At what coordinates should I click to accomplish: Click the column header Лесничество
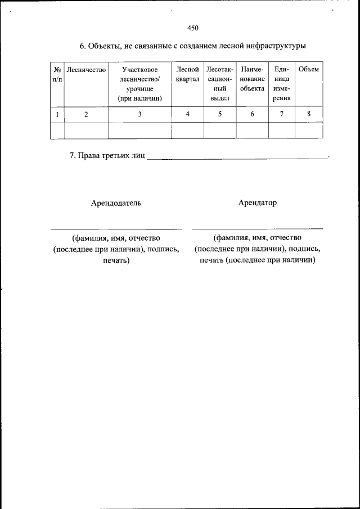(x=86, y=70)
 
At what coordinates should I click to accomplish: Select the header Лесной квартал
(x=187, y=74)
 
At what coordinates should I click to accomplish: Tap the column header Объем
(x=309, y=70)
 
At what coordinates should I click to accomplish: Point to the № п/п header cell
(x=57, y=74)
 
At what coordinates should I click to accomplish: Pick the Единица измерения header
(x=282, y=83)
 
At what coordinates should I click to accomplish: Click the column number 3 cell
(x=139, y=114)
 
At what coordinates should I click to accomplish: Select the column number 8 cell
(x=309, y=114)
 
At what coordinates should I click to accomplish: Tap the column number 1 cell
(x=57, y=114)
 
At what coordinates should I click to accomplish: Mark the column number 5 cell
(x=220, y=114)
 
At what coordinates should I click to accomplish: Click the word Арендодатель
(x=116, y=203)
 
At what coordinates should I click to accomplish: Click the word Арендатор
(x=257, y=203)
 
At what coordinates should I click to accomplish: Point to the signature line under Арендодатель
(x=116, y=228)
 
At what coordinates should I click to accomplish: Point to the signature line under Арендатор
(x=258, y=228)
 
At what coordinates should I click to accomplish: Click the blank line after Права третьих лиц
(x=236, y=158)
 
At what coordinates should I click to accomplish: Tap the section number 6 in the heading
(x=82, y=46)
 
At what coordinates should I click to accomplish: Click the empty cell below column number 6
(x=252, y=130)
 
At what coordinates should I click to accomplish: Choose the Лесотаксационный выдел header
(x=220, y=83)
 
